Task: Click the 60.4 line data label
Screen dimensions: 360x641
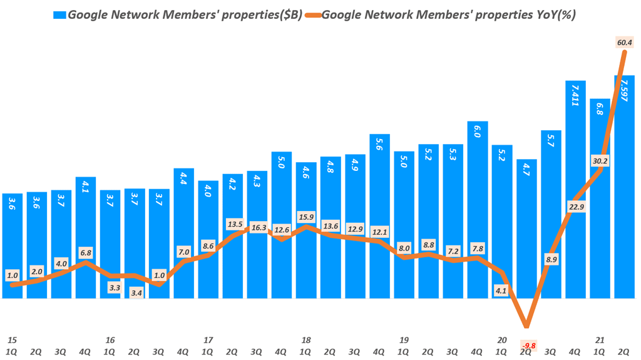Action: [624, 43]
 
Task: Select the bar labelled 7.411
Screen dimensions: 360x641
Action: [575, 188]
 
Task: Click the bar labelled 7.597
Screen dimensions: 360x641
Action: [624, 188]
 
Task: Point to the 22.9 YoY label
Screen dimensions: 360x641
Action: [575, 207]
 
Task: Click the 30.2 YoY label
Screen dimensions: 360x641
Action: [600, 161]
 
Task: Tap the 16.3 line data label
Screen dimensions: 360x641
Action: [257, 229]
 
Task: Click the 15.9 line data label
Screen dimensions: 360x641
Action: [306, 217]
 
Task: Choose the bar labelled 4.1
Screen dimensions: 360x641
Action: [86, 238]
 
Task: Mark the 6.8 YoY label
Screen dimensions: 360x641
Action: [86, 253]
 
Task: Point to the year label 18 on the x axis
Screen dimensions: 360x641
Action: [306, 340]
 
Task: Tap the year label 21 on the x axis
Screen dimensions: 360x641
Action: [600, 340]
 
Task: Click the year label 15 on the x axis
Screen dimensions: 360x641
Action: [12, 340]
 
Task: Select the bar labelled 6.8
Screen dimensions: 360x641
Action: [600, 200]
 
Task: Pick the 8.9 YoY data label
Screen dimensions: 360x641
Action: [551, 257]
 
